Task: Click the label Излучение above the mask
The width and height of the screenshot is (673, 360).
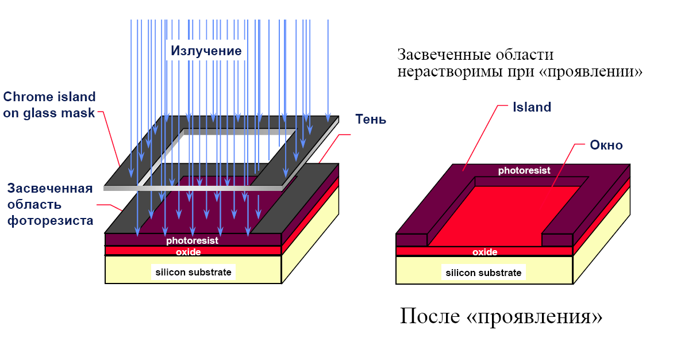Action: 206,51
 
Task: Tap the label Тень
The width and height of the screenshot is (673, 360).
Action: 371,120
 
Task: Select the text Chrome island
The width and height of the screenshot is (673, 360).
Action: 49,97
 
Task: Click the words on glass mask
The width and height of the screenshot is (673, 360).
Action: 49,113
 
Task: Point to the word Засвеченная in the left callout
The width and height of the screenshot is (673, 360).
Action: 50,189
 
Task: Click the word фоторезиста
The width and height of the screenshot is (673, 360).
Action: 50,220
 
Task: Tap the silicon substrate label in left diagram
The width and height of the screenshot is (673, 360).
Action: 193,272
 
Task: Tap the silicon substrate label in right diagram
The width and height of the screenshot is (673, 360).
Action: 483,273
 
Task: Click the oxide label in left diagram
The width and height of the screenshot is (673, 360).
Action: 189,251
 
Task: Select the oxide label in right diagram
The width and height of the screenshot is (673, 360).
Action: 484,252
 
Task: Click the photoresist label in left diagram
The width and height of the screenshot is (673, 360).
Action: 192,240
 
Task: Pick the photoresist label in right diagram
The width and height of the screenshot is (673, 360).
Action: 524,171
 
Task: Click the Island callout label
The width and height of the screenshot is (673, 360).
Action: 532,107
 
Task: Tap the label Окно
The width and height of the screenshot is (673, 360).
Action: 606,145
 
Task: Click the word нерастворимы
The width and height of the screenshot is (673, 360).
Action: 441,72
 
